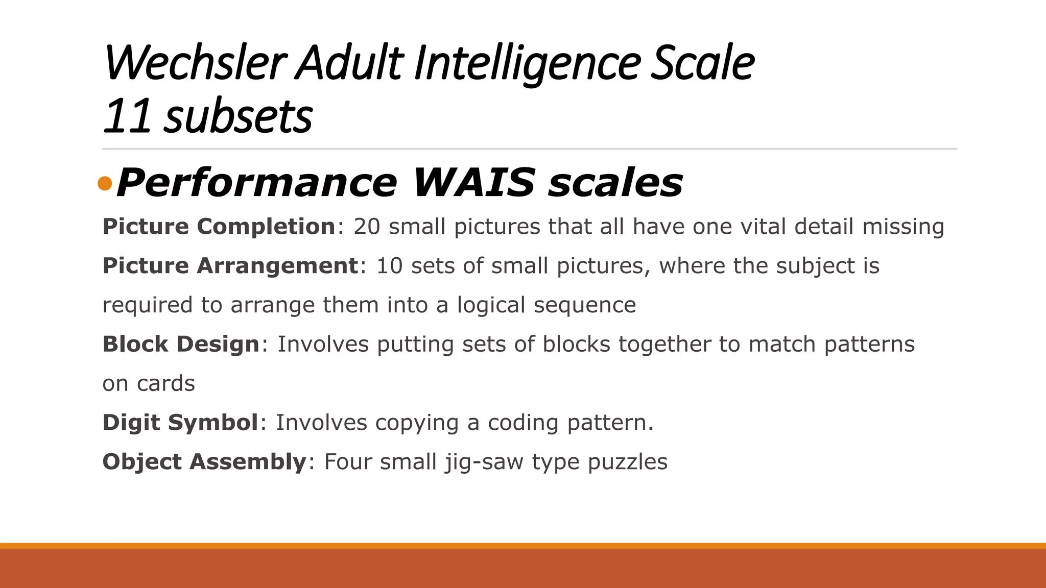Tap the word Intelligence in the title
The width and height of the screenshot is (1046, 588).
(527, 63)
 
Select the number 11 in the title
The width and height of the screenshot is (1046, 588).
(127, 116)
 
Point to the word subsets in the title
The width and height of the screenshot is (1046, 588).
(238, 116)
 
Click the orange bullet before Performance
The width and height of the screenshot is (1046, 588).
(105, 183)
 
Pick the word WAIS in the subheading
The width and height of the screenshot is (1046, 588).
(474, 182)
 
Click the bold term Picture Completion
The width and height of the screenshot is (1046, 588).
(219, 226)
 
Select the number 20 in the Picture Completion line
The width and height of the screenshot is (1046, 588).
(367, 226)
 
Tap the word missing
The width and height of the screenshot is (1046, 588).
(904, 226)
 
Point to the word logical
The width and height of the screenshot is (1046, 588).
(491, 305)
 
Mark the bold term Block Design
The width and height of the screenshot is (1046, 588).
(181, 344)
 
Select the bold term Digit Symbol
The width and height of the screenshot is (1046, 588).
(180, 423)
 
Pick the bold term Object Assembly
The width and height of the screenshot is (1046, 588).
(204, 462)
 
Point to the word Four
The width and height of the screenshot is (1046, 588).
(347, 462)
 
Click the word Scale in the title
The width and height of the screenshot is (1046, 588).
(703, 63)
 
